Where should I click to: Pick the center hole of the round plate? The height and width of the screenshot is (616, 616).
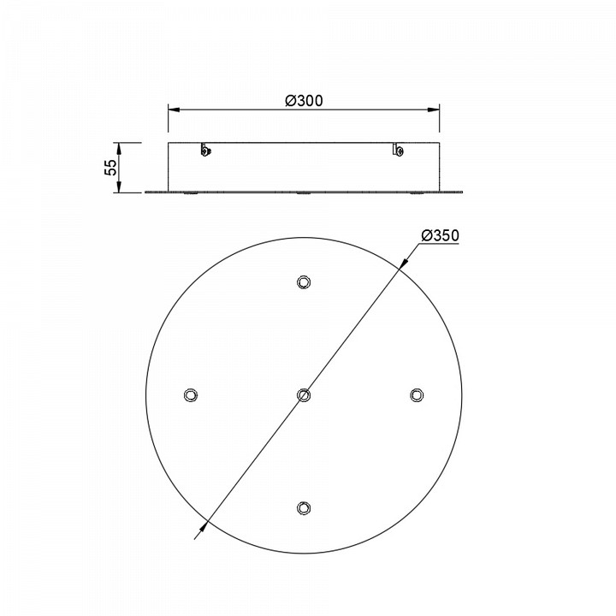click(x=303, y=394)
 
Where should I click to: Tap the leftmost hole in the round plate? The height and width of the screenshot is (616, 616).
click(x=190, y=394)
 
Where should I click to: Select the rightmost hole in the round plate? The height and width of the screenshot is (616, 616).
click(x=416, y=394)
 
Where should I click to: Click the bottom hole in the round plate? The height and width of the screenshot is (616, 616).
click(x=303, y=507)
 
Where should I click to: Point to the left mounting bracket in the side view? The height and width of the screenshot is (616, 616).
click(x=205, y=151)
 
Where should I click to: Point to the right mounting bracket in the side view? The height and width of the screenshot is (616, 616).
click(x=399, y=151)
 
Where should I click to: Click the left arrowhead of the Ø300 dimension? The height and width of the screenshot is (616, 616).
click(x=172, y=110)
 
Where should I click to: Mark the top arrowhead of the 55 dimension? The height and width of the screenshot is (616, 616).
click(x=120, y=146)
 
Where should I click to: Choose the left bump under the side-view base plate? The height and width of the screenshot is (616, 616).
click(x=190, y=194)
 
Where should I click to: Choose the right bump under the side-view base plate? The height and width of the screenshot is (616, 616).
click(x=416, y=194)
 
